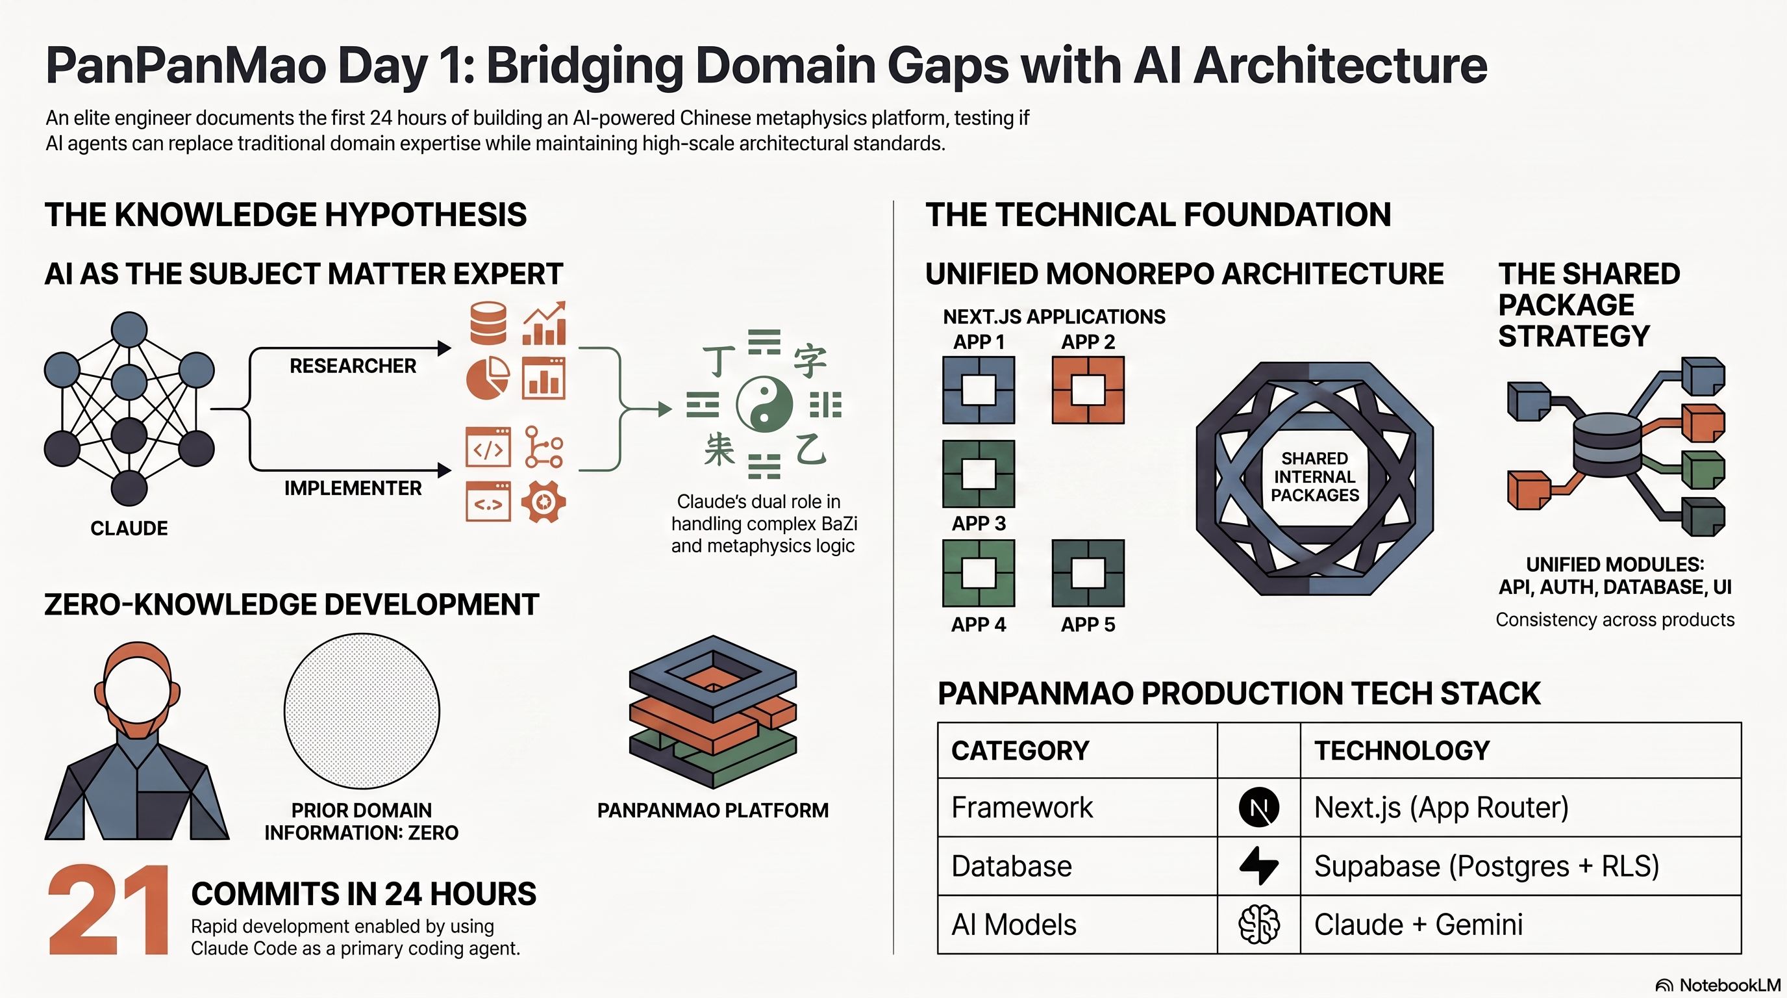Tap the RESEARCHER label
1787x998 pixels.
tap(353, 366)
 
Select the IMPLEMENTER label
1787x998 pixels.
tap(353, 488)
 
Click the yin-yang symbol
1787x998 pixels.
tap(764, 405)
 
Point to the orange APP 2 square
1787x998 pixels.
tap(1088, 390)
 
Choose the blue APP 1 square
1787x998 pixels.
tap(978, 390)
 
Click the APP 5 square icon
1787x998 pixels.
tap(1088, 573)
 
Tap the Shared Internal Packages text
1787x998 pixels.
tap(1314, 477)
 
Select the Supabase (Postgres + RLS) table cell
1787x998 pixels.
tap(1521, 866)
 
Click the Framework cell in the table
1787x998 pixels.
tap(1077, 807)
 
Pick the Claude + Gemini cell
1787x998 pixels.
tap(1521, 925)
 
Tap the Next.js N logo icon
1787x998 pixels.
tap(1258, 808)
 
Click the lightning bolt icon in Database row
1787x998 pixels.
tap(1258, 865)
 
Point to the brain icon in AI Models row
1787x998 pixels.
tap(1258, 925)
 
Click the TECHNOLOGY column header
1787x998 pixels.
tap(1402, 750)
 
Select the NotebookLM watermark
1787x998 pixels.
tap(1718, 985)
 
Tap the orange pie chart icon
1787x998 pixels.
tap(488, 378)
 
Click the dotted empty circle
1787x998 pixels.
tap(362, 711)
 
